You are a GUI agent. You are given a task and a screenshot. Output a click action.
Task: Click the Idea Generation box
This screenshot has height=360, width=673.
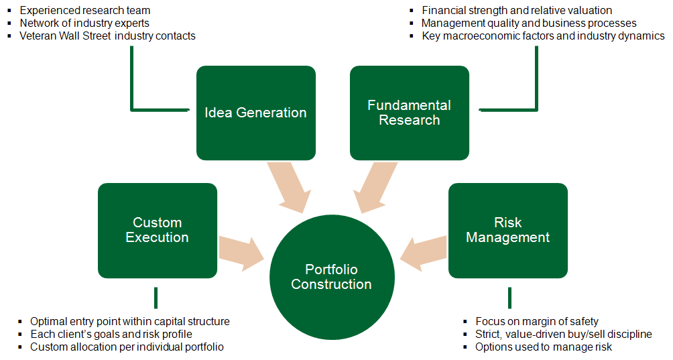tap(255, 113)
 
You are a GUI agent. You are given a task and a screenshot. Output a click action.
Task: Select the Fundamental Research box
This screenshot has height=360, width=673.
tap(409, 113)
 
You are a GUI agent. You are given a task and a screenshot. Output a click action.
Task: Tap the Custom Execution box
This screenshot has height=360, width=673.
tap(157, 230)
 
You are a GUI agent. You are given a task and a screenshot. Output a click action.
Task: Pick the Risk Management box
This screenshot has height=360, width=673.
tap(507, 230)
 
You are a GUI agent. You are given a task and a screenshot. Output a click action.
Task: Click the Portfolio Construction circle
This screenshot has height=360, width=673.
tap(331, 277)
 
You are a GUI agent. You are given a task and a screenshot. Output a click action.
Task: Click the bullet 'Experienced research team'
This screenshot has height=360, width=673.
tap(85, 11)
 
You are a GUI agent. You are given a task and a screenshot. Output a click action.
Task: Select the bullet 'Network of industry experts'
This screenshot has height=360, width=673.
tap(84, 23)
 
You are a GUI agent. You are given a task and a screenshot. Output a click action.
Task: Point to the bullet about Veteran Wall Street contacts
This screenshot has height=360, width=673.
tap(107, 36)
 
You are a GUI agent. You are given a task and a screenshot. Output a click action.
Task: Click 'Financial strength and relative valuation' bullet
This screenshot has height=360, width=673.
tap(517, 11)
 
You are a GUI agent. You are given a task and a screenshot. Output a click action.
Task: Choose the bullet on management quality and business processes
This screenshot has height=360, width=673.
tap(529, 23)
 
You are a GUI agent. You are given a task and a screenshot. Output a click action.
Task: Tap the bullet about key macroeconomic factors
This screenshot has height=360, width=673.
tap(543, 36)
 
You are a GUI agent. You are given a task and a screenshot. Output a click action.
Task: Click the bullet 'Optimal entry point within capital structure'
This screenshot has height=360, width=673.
tap(130, 322)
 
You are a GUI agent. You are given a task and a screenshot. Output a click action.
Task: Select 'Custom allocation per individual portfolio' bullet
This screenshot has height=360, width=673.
tap(127, 347)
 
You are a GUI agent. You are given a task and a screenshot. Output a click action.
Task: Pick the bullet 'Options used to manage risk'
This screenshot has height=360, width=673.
tap(544, 347)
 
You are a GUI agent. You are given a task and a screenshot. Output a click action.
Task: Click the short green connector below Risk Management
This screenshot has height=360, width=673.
tap(509, 297)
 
